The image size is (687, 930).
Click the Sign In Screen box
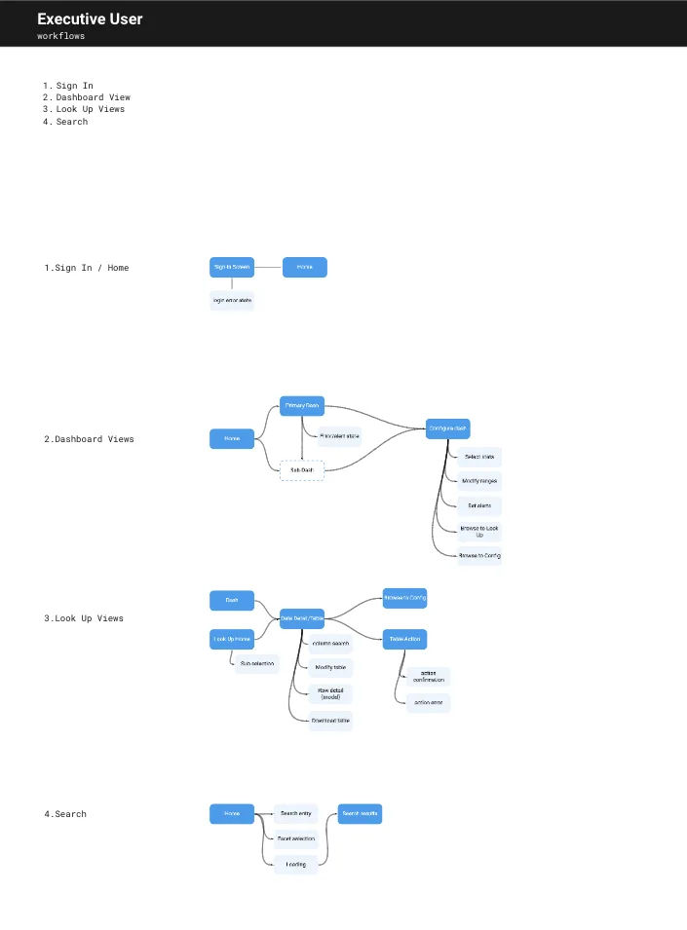coord(232,267)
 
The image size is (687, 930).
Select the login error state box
coord(232,300)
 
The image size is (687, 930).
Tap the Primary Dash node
coord(301,405)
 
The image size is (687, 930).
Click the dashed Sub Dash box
coord(301,470)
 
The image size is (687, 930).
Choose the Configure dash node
coord(448,427)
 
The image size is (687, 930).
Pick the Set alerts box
coord(479,505)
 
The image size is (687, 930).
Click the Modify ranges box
coord(479,481)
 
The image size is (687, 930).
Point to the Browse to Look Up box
coord(479,531)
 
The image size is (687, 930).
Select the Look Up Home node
coord(232,640)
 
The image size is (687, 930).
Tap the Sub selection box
coord(256,664)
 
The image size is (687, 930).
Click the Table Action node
coord(404,640)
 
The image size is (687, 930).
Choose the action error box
coord(429,702)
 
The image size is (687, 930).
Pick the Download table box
coord(330,721)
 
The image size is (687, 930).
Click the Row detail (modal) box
coord(330,693)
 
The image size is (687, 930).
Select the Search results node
coord(360,813)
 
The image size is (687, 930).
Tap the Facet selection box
coord(295,838)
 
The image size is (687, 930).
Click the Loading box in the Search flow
coord(295,864)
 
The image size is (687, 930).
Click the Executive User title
coord(90,19)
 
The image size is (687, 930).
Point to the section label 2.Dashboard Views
coord(89,439)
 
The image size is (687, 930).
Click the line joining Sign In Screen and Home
coord(268,267)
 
